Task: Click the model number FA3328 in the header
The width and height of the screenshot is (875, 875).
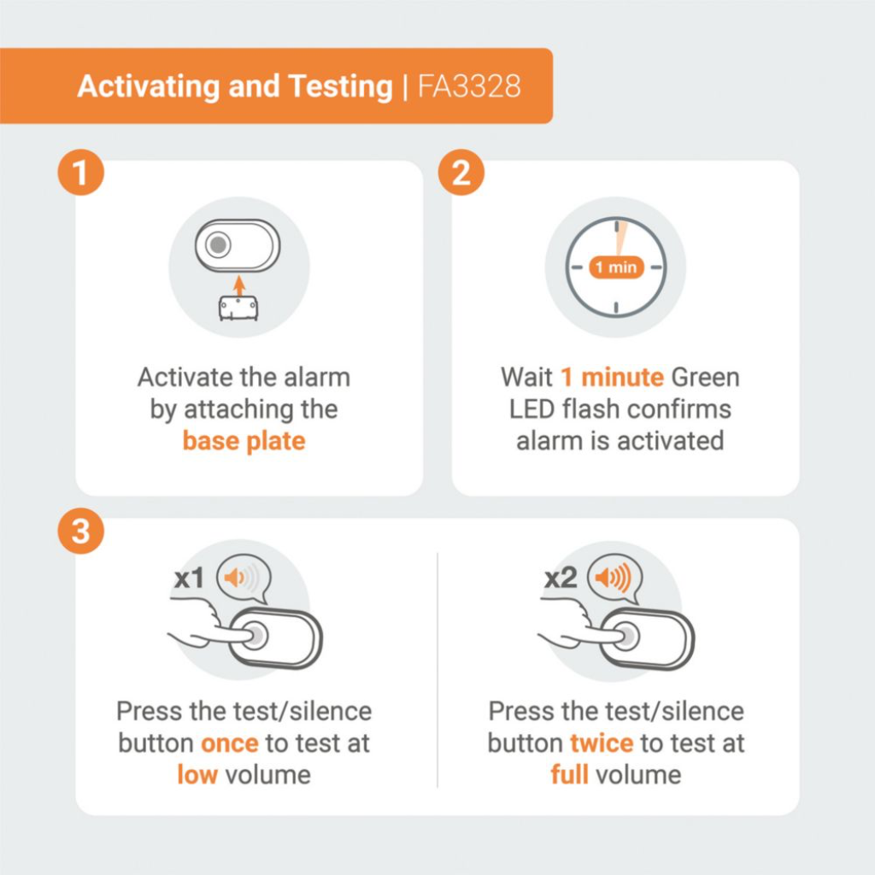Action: (469, 86)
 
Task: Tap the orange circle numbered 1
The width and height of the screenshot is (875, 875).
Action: (81, 173)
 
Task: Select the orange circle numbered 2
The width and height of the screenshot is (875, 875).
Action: (461, 173)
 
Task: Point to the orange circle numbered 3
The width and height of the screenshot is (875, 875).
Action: (81, 531)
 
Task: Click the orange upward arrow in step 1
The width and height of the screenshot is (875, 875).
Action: (239, 285)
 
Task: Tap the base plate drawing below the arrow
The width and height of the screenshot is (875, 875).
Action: (238, 308)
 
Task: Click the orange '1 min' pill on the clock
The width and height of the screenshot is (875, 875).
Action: (617, 267)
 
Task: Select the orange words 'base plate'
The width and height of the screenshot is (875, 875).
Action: (244, 441)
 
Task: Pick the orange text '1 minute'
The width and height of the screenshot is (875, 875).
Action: (612, 377)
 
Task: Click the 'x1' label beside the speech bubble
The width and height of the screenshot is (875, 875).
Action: (189, 578)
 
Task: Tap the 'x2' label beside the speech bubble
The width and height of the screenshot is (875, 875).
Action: (561, 578)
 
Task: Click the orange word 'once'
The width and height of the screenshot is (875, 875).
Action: (229, 743)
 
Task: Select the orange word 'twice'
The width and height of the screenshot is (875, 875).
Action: (602, 743)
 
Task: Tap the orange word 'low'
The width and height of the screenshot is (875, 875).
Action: (197, 774)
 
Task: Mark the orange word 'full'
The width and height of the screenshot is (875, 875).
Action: (569, 774)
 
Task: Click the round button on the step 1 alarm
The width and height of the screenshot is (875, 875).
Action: (218, 244)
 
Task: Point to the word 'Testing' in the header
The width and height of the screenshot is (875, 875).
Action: (340, 87)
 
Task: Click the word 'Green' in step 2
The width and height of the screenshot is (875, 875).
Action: (705, 377)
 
